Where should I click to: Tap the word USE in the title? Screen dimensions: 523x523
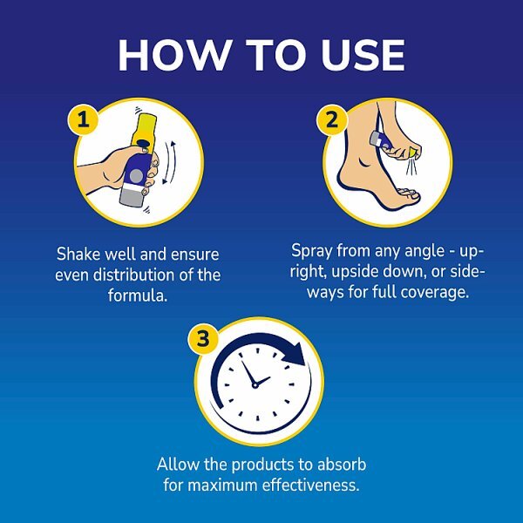[x=357, y=56]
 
